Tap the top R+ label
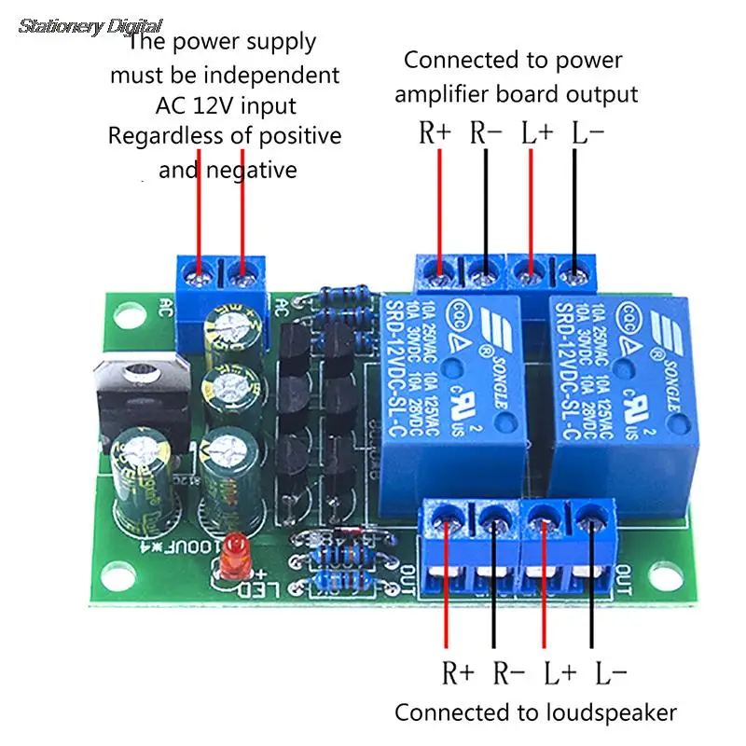pyautogui.click(x=435, y=132)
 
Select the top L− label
pyautogui.click(x=587, y=132)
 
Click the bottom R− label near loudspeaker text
pyautogui.click(x=509, y=671)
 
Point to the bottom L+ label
pyautogui.click(x=560, y=671)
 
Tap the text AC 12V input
pyautogui.click(x=224, y=104)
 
